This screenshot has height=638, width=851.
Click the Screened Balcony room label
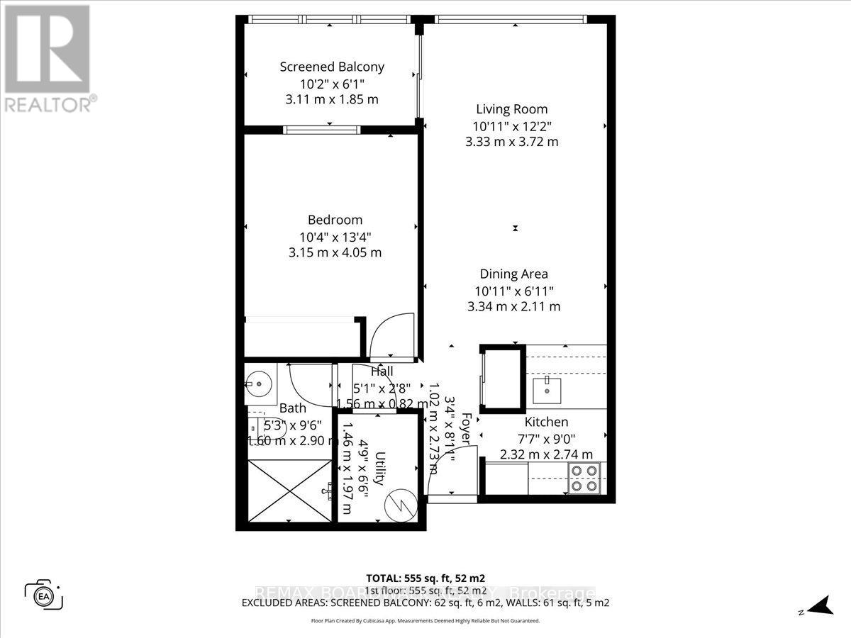click(332, 67)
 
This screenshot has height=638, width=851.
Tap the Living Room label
click(511, 109)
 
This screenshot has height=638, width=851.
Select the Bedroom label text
click(335, 220)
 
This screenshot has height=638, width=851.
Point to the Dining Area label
click(513, 274)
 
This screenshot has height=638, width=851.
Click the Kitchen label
click(546, 422)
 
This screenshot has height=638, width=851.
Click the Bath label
click(292, 408)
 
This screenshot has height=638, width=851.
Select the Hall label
click(382, 371)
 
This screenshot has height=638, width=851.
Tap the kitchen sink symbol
click(547, 389)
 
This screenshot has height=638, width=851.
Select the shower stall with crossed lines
click(289, 491)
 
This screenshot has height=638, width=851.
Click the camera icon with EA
click(44, 593)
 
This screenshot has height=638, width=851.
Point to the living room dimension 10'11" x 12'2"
click(511, 126)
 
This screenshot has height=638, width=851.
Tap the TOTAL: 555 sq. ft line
click(425, 577)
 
